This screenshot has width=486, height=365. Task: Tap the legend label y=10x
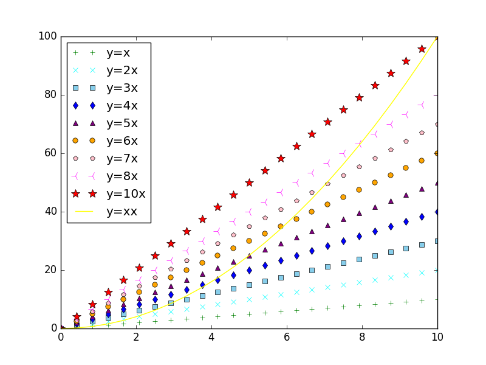pos(126,194)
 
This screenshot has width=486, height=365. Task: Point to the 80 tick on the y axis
pos(50,95)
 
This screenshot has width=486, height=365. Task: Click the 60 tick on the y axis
pos(50,153)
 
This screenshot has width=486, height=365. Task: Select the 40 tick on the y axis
pos(50,212)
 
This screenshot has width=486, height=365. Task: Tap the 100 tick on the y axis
pos(47,36)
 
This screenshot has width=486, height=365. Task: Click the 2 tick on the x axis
pos(136,336)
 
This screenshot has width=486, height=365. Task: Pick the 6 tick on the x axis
pos(287,336)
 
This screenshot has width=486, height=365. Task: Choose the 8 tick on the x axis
pos(362,336)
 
